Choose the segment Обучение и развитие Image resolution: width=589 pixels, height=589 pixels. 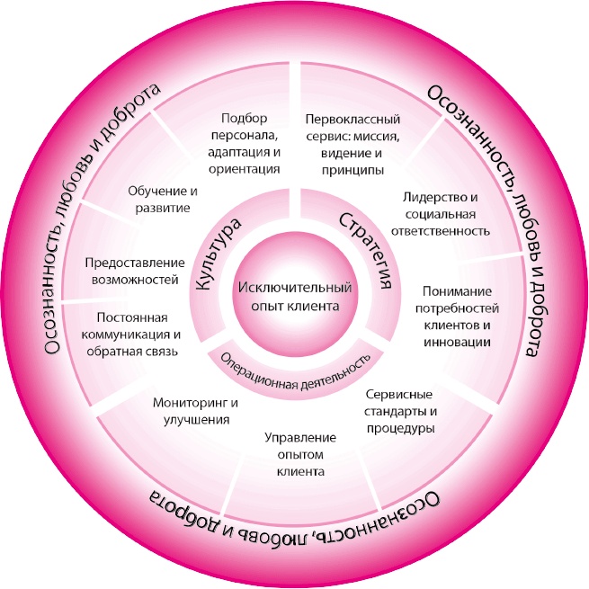(x=163, y=201)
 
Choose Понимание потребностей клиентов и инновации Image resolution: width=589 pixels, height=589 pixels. (x=456, y=317)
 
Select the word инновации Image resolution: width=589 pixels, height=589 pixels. (x=456, y=342)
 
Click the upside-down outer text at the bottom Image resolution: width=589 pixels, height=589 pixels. (x=297, y=531)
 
